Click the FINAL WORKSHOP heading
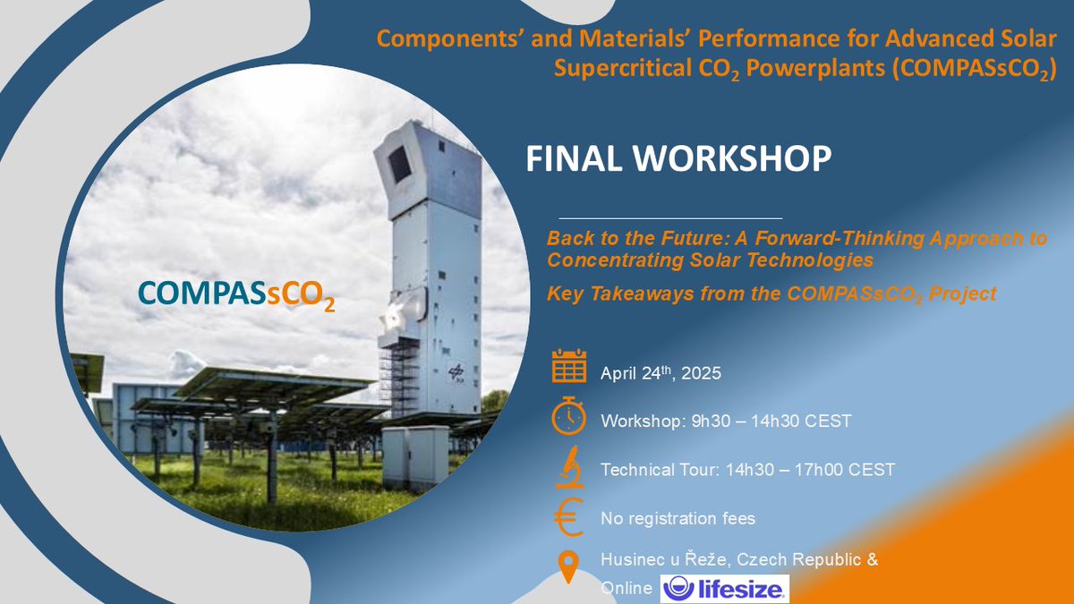click(678, 157)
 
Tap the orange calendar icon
click(568, 367)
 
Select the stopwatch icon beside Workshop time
click(568, 417)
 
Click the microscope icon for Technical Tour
click(568, 468)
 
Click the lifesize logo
click(725, 588)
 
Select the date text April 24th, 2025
click(661, 372)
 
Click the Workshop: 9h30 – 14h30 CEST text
click(726, 421)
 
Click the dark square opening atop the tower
click(399, 164)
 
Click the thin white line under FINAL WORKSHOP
click(670, 217)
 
